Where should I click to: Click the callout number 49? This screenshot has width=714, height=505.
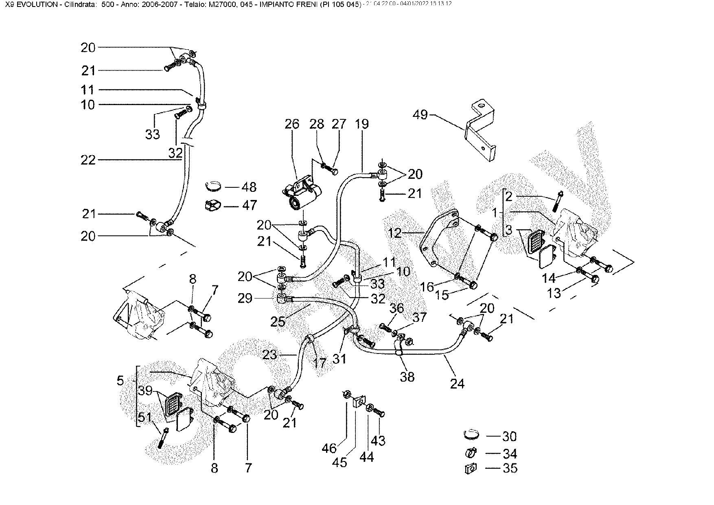click(x=421, y=115)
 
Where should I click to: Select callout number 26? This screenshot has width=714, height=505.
click(x=292, y=124)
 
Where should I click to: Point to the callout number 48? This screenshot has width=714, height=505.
click(x=249, y=187)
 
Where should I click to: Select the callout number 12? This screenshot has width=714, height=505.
click(x=395, y=233)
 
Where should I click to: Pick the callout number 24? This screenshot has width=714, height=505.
click(x=457, y=384)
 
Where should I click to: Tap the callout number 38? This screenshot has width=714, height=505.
click(x=407, y=377)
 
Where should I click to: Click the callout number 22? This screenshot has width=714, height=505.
click(x=88, y=160)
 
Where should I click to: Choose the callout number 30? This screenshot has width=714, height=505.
click(x=509, y=437)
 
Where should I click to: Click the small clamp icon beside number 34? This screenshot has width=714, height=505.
click(x=471, y=453)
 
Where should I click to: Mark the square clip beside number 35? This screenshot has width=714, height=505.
click(x=470, y=469)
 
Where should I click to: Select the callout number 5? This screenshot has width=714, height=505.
click(x=120, y=381)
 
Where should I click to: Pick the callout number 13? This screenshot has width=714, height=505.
click(x=554, y=293)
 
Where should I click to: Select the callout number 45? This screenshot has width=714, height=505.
click(x=339, y=463)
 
